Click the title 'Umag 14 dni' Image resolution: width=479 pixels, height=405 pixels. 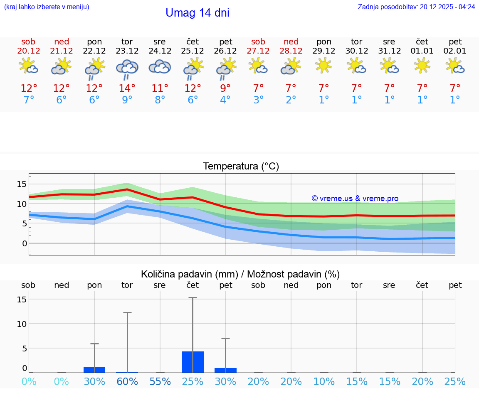click(197, 13)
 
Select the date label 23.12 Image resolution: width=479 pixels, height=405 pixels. click(127, 51)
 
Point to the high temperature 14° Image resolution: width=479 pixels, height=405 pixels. click(127, 88)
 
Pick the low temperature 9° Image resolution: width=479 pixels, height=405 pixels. click(127, 100)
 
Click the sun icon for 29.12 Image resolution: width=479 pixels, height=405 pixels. click(324, 66)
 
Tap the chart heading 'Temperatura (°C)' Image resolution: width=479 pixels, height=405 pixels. click(241, 166)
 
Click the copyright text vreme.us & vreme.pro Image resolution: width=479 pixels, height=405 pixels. click(355, 199)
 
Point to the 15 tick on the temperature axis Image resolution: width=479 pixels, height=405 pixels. click(22, 184)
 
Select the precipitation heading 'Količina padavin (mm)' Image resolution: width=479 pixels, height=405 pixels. click(189, 274)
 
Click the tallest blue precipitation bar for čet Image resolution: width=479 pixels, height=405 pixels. click(193, 362)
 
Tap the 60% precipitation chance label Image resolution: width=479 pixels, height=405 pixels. click(127, 381)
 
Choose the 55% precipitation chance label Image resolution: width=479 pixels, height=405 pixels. click(160, 381)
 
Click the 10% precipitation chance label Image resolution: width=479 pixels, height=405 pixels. click(324, 381)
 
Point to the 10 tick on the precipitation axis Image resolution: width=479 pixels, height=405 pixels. click(22, 324)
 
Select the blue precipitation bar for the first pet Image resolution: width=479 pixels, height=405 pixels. click(225, 370)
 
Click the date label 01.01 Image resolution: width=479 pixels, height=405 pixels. click(422, 51)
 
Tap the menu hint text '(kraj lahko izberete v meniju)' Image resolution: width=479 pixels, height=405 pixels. click(47, 7)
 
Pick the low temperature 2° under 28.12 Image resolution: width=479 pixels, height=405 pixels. click(291, 100)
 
